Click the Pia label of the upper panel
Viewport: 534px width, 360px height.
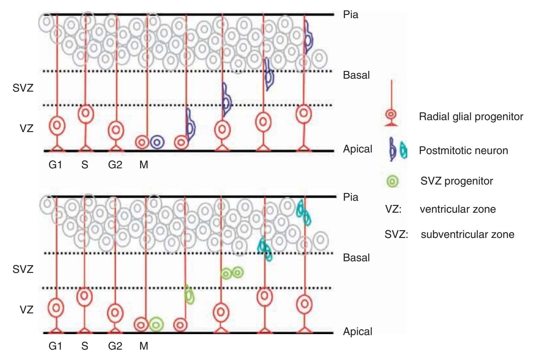click(351, 15)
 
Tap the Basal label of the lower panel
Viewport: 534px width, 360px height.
click(356, 258)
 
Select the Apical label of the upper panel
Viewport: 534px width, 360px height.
click(357, 149)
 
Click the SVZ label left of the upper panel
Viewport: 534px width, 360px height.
click(23, 88)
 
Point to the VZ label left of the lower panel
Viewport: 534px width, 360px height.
click(26, 309)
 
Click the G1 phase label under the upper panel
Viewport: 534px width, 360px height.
click(55, 165)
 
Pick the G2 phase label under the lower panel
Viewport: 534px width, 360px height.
click(115, 346)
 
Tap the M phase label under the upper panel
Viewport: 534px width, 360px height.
click(144, 165)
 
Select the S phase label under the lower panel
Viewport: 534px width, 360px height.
click(85, 346)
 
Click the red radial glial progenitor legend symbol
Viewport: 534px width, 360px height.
click(391, 115)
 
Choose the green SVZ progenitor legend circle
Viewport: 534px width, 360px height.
click(392, 181)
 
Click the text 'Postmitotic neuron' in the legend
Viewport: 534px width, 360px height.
click(463, 151)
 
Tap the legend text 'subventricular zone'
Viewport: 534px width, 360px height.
click(467, 234)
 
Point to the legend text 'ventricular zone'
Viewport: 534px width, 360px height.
click(458, 209)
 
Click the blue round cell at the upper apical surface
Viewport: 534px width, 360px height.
click(157, 142)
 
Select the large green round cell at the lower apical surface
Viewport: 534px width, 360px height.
click(157, 324)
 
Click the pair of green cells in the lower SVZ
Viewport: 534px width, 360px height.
click(232, 273)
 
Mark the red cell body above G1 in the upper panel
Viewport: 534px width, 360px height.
click(57, 125)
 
